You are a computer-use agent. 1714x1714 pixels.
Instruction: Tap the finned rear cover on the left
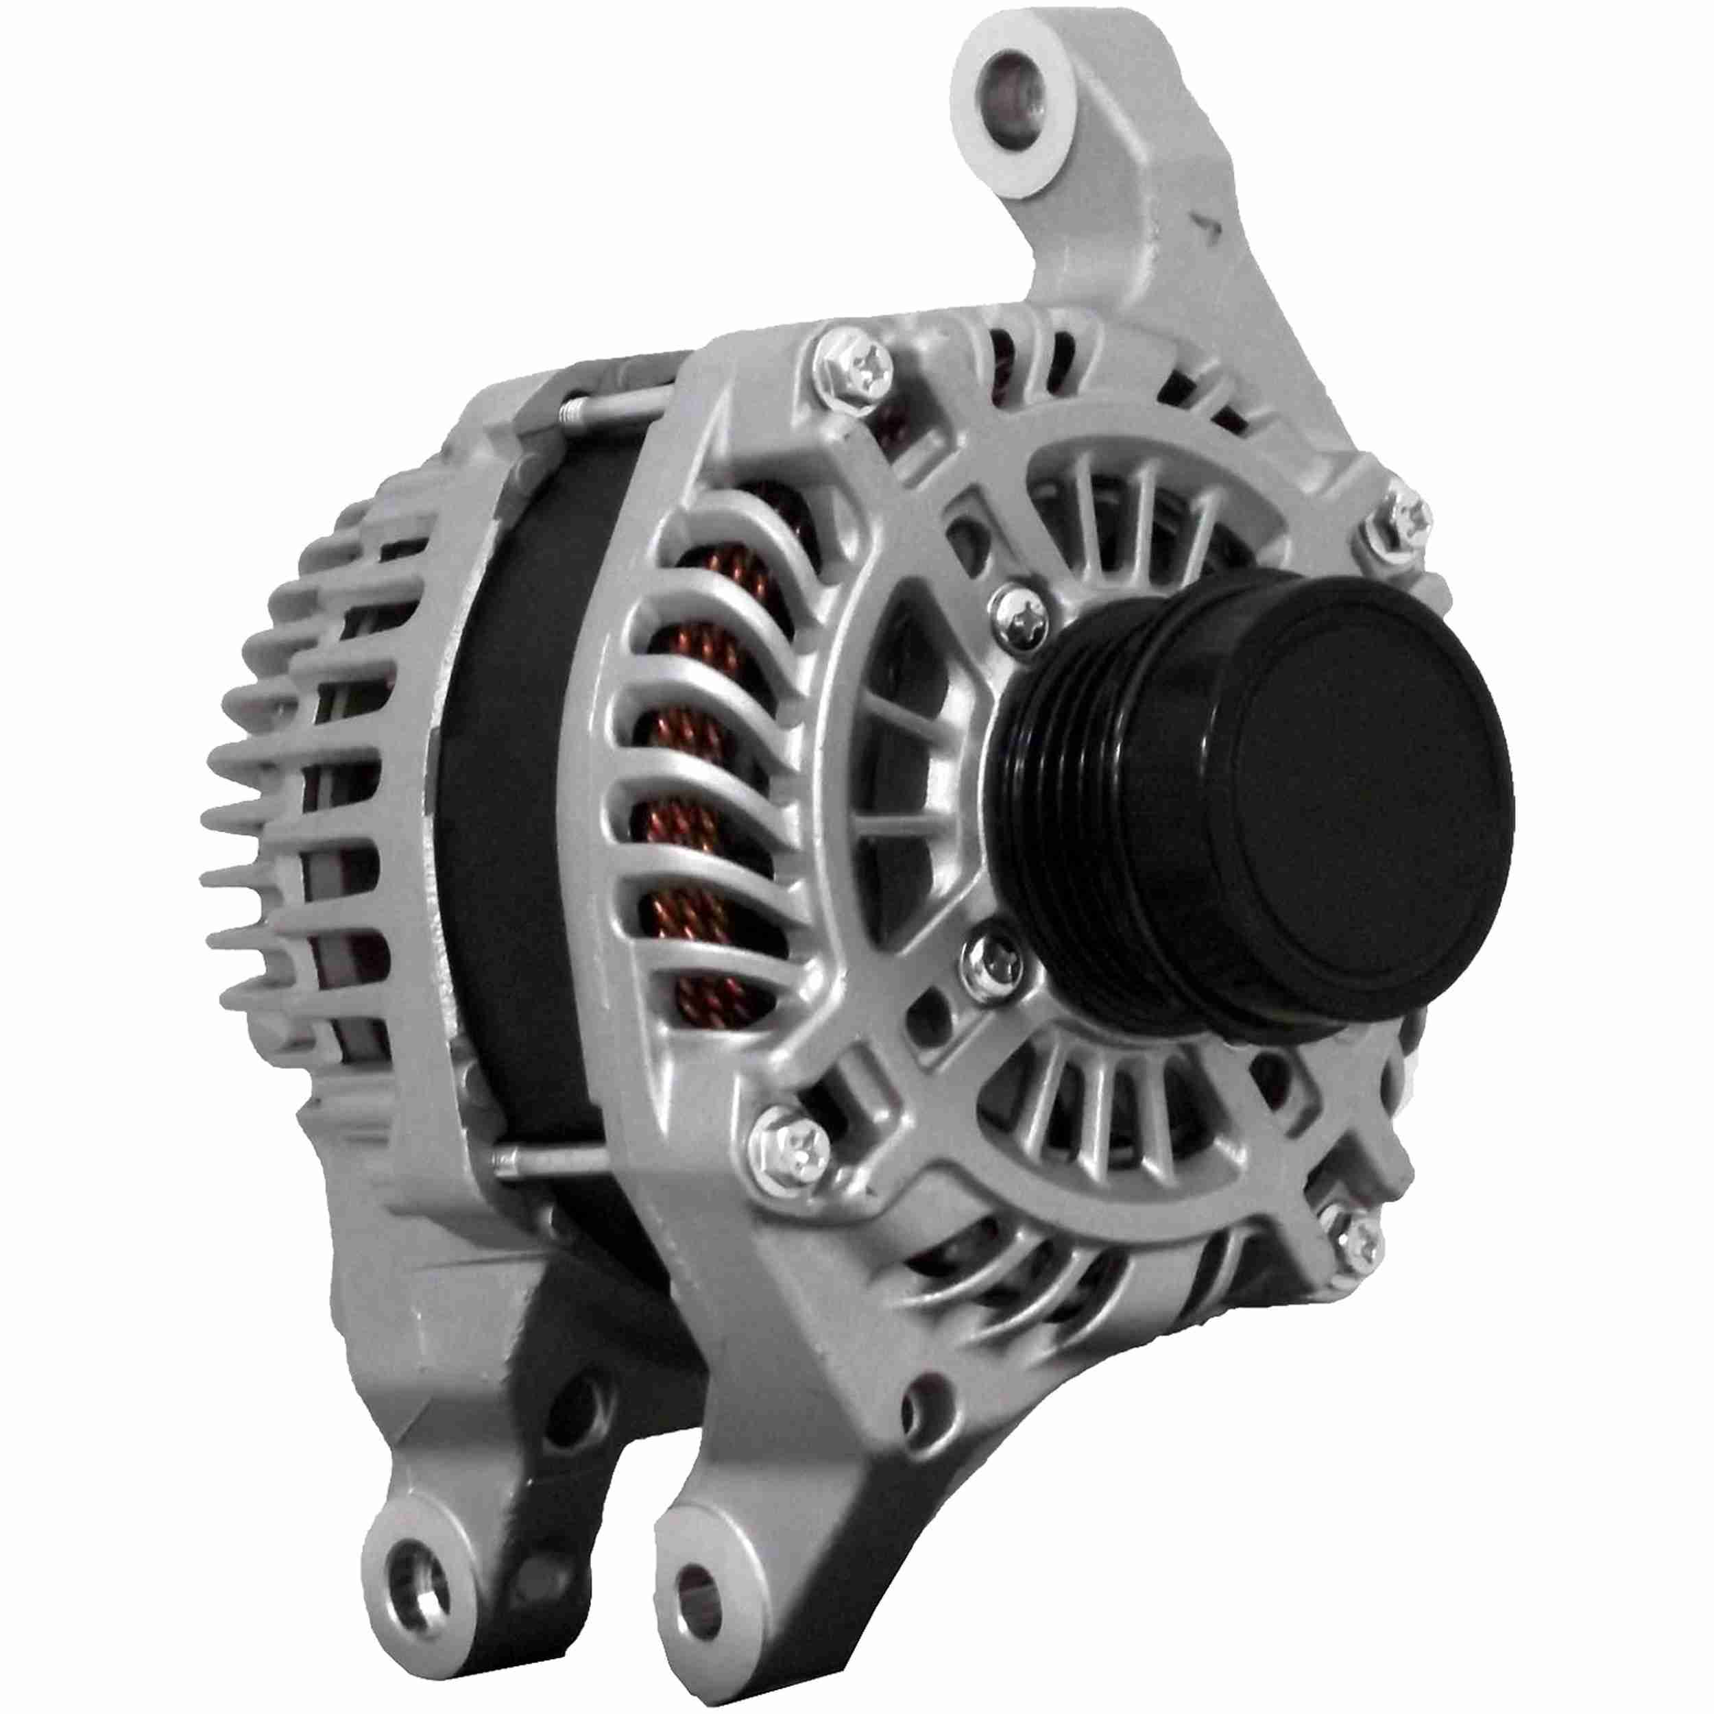302,799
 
